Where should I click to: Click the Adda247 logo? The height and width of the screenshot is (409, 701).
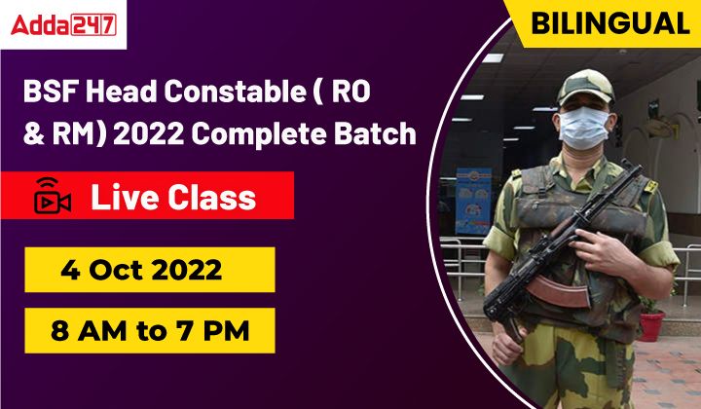63,24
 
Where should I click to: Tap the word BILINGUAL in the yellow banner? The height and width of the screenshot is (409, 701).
610,23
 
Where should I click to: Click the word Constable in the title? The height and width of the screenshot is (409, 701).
235,92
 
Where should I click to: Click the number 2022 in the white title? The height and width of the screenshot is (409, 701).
148,133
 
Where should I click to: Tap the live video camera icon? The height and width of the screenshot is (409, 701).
52,196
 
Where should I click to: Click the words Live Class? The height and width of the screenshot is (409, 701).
173,198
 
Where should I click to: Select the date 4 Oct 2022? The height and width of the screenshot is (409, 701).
141,270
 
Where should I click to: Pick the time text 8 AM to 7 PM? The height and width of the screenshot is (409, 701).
150,331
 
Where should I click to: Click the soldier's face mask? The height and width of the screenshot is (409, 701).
583,128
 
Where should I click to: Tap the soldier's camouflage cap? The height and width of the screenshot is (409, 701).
585,88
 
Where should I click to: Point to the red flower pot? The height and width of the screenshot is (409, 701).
651,325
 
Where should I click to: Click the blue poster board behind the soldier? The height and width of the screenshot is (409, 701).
473,201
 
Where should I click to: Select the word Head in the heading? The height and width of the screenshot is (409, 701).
121,92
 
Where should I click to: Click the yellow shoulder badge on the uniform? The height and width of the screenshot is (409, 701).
651,186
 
